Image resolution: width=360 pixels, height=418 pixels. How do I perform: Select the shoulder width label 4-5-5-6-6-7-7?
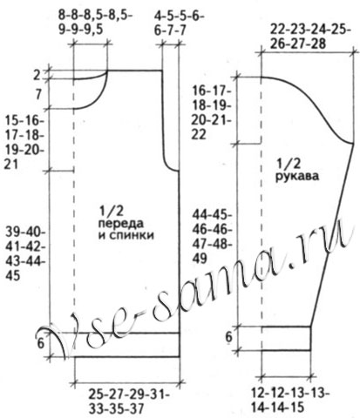[179, 23]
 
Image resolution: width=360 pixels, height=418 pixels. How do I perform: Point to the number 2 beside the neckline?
[37, 75]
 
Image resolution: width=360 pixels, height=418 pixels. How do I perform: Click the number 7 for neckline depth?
[38, 94]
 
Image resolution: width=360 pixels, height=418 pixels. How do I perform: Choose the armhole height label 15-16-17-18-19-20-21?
[24, 143]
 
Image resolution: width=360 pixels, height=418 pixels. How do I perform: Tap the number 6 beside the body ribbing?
[41, 343]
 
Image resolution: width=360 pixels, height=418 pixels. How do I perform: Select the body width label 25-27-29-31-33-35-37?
[129, 401]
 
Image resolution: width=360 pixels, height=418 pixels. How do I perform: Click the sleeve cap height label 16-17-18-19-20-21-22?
[211, 113]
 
